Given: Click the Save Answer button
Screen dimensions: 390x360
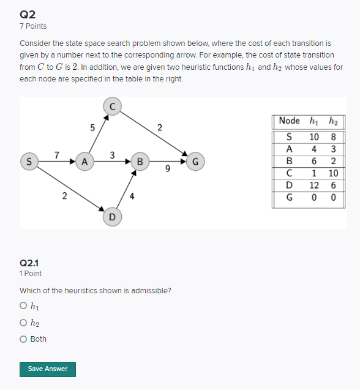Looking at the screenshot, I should [x=48, y=369].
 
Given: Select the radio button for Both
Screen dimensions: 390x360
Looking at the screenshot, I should [x=23, y=339].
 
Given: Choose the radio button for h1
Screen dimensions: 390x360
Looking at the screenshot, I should [x=23, y=306].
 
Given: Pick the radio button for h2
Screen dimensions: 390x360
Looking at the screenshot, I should [x=23, y=323].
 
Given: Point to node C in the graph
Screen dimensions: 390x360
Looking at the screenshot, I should [x=112, y=106].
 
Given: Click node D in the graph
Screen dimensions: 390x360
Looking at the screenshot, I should [x=112, y=217].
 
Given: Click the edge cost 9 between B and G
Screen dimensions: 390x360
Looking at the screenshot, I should [x=167, y=171].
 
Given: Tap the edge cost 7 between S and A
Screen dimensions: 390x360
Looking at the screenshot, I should [x=56, y=154].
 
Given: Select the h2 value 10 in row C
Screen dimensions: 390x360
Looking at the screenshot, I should [x=334, y=173].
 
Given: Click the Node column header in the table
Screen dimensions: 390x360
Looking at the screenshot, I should [x=289, y=121].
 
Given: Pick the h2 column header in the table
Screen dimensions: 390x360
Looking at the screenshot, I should [x=334, y=121].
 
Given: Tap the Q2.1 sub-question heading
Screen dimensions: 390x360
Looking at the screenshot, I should [x=29, y=263].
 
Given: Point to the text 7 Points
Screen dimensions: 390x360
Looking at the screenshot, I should [x=33, y=26].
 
